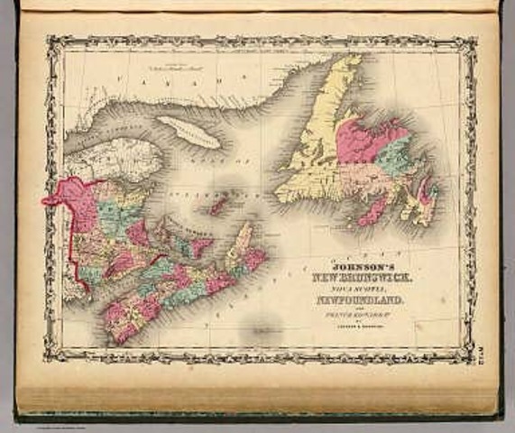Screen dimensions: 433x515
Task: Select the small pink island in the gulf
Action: (x=216, y=206)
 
